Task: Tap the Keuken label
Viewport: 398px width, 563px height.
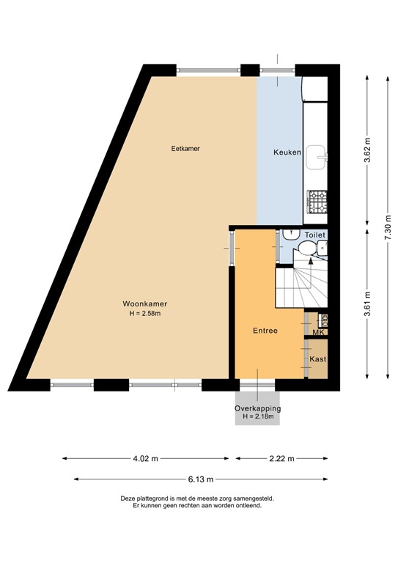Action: (287, 152)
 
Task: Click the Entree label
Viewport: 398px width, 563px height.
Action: (265, 331)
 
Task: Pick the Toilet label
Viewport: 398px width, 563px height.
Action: (315, 235)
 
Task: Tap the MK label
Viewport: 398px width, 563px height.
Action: (318, 333)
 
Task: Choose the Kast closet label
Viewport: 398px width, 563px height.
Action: (317, 359)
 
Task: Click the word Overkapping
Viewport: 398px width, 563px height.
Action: (258, 408)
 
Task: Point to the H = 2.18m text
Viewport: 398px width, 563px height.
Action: (258, 417)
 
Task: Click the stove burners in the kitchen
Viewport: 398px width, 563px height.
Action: (317, 201)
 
